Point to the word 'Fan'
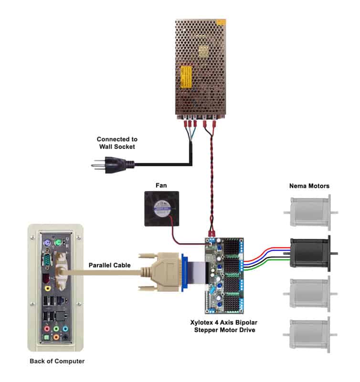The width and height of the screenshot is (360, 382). point(161,184)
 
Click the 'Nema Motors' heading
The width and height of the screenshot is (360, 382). point(309,185)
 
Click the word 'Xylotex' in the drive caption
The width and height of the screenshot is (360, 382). point(201,322)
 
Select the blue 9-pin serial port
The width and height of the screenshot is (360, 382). point(48,261)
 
